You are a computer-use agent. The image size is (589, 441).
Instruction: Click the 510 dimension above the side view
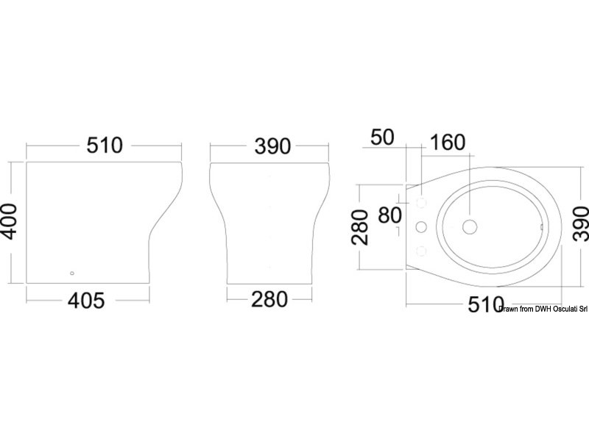pyautogui.click(x=104, y=145)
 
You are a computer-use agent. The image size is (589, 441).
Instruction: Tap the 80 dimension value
pyautogui.click(x=389, y=215)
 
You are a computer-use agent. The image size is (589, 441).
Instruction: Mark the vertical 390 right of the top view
pyautogui.click(x=580, y=220)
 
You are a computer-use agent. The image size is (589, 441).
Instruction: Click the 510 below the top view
pyautogui.click(x=486, y=304)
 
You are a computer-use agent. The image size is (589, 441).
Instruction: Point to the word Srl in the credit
pyautogui.click(x=580, y=309)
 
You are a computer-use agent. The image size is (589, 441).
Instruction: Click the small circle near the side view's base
pyautogui.click(x=71, y=273)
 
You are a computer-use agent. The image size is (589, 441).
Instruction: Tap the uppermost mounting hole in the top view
pyautogui.click(x=422, y=201)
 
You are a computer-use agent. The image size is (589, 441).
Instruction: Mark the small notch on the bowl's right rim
pyautogui.click(x=543, y=227)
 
